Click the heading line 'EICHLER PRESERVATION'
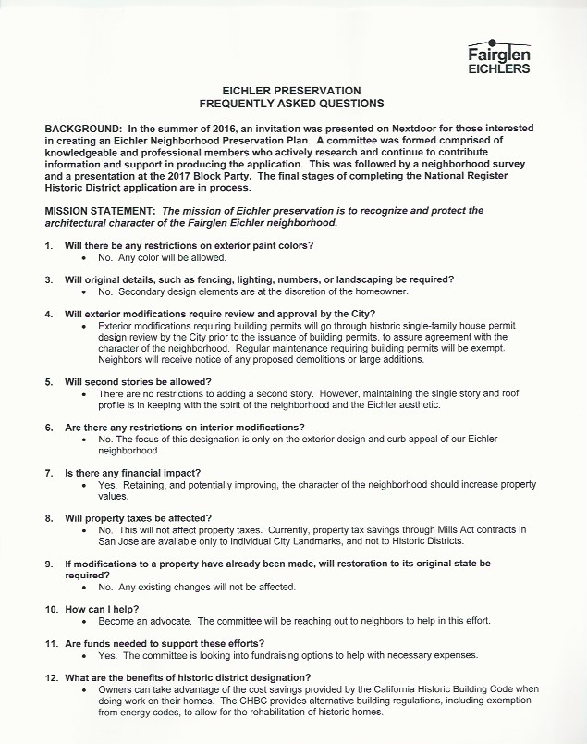(285, 91)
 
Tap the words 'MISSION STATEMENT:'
(100, 211)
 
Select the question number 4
(50, 314)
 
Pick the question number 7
(50, 472)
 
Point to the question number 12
(53, 677)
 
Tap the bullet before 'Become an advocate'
(85, 621)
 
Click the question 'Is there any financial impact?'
(135, 472)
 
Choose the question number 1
(50, 245)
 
